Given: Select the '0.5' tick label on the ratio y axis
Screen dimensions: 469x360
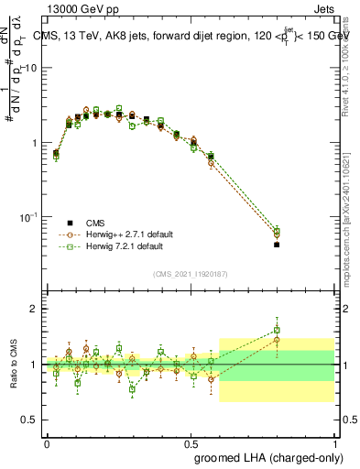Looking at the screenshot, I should pos(30,420).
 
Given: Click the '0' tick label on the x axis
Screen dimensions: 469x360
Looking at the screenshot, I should pos(47,442).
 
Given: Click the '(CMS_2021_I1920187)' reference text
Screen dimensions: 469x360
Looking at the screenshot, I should pos(190,273).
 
